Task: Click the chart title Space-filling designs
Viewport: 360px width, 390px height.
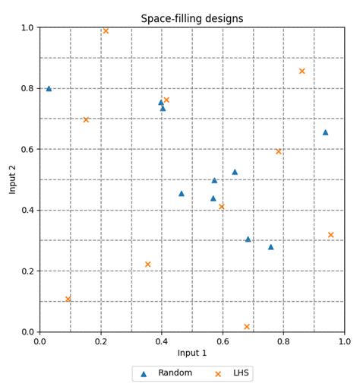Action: (x=192, y=18)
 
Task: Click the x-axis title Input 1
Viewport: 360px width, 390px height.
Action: (x=192, y=353)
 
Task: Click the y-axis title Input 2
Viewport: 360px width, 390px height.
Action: (x=13, y=179)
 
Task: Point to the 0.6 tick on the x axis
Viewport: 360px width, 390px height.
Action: (x=223, y=332)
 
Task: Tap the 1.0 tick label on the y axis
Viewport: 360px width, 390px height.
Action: (x=27, y=28)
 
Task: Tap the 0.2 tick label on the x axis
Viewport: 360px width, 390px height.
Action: (x=101, y=342)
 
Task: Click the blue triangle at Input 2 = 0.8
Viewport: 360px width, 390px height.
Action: (x=49, y=88)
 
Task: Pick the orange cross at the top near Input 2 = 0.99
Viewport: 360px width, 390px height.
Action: (x=106, y=31)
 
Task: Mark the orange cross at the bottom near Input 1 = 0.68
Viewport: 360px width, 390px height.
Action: (x=247, y=327)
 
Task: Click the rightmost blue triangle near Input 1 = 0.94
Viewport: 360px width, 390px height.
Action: (x=325, y=132)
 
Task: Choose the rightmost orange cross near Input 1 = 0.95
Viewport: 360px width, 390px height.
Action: (x=330, y=235)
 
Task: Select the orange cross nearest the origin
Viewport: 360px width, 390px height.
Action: (x=68, y=299)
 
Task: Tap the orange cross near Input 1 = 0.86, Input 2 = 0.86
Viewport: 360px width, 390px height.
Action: (x=302, y=71)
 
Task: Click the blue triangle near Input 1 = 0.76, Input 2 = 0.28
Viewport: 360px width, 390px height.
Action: (x=270, y=246)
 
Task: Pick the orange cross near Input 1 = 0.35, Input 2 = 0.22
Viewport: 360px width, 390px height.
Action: (x=147, y=265)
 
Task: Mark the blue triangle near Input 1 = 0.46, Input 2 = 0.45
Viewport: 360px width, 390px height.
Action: (x=181, y=193)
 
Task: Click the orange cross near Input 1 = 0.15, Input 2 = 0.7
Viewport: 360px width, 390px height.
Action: (x=86, y=119)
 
